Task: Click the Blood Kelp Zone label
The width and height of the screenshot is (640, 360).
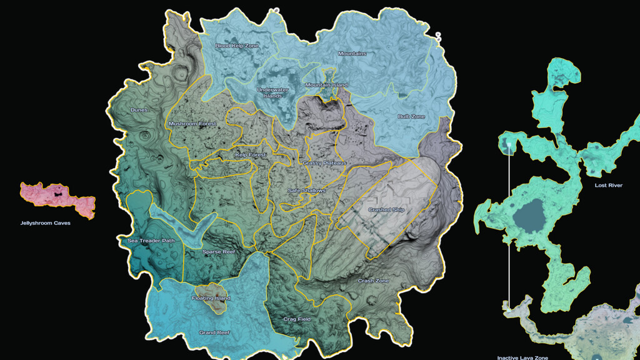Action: [x=237, y=46]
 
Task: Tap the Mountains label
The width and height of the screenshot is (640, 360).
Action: [x=352, y=54]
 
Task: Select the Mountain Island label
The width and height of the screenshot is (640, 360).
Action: [x=326, y=85]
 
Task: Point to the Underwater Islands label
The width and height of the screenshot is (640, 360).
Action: [x=273, y=92]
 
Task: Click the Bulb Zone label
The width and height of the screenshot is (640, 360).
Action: [x=411, y=117]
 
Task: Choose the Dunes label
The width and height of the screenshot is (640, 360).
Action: [x=140, y=110]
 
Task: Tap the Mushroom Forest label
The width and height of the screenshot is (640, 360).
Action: [x=192, y=124]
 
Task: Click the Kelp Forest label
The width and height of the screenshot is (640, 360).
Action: [x=251, y=154]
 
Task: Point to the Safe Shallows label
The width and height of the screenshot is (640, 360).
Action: [x=306, y=190]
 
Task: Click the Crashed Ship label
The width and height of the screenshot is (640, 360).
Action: [x=387, y=210]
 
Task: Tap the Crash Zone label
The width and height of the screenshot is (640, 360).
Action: [x=373, y=281]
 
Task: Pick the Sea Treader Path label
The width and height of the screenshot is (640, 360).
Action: [x=151, y=240]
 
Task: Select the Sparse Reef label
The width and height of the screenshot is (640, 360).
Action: [x=219, y=252]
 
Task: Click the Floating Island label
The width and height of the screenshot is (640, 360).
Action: [x=211, y=298]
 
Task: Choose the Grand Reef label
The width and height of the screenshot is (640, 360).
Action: [x=214, y=332]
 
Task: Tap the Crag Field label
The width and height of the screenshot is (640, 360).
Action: [x=297, y=319]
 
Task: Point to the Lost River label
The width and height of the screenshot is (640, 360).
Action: [x=608, y=186]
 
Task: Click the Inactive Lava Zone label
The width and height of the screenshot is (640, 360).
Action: [x=522, y=357]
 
